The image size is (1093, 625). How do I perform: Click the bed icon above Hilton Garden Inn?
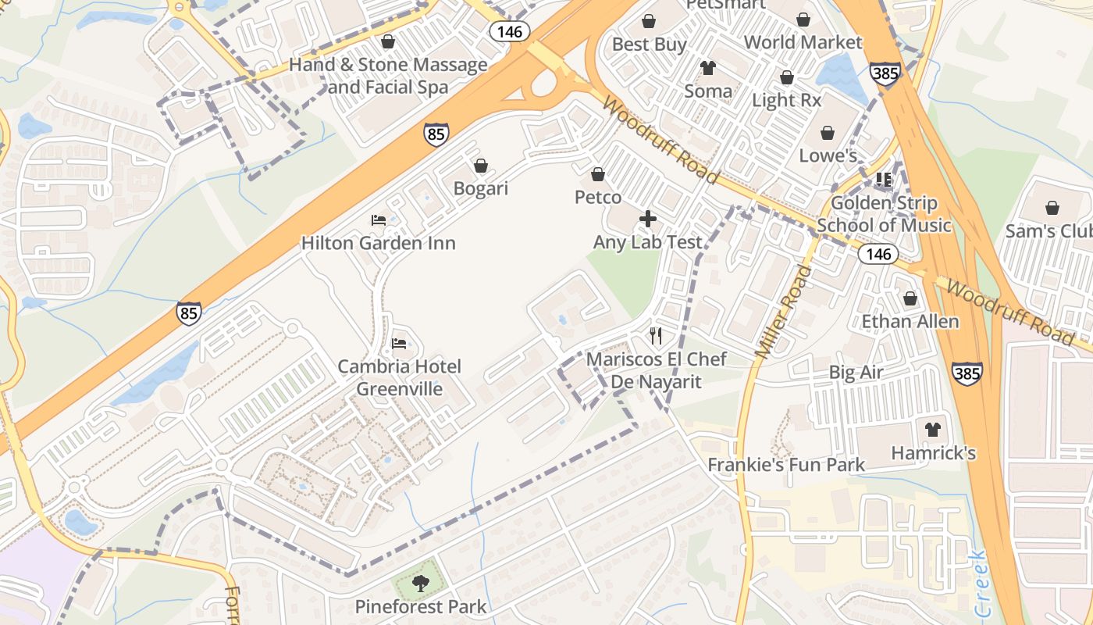coord(378,220)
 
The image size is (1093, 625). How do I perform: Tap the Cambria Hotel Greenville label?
coord(399,377)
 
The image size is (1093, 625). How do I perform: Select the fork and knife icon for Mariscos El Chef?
coord(656,336)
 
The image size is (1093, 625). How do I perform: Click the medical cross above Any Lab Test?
coord(648,219)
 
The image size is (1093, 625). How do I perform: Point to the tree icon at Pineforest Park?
coord(421,583)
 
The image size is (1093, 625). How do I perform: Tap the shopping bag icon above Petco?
coord(598,174)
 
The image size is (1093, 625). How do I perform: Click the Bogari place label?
coord(481,188)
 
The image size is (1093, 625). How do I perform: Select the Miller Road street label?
coord(785,312)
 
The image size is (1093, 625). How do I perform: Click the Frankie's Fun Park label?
coord(785,465)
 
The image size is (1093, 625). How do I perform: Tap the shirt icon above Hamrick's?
coord(933,429)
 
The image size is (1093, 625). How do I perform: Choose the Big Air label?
coord(856,372)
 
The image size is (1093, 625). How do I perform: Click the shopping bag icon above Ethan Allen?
coord(910,298)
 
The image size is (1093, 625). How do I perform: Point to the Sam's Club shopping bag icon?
coord(1052,208)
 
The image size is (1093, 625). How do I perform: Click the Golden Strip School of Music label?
coord(884,214)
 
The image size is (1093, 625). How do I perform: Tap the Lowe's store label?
coord(828,155)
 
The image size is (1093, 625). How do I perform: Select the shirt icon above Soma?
coord(708,68)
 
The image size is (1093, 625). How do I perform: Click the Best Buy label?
coord(649,44)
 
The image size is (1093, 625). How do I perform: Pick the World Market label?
coord(803,41)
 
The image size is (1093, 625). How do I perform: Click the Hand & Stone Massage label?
coord(388,75)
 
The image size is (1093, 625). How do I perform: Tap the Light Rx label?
coord(786,100)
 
